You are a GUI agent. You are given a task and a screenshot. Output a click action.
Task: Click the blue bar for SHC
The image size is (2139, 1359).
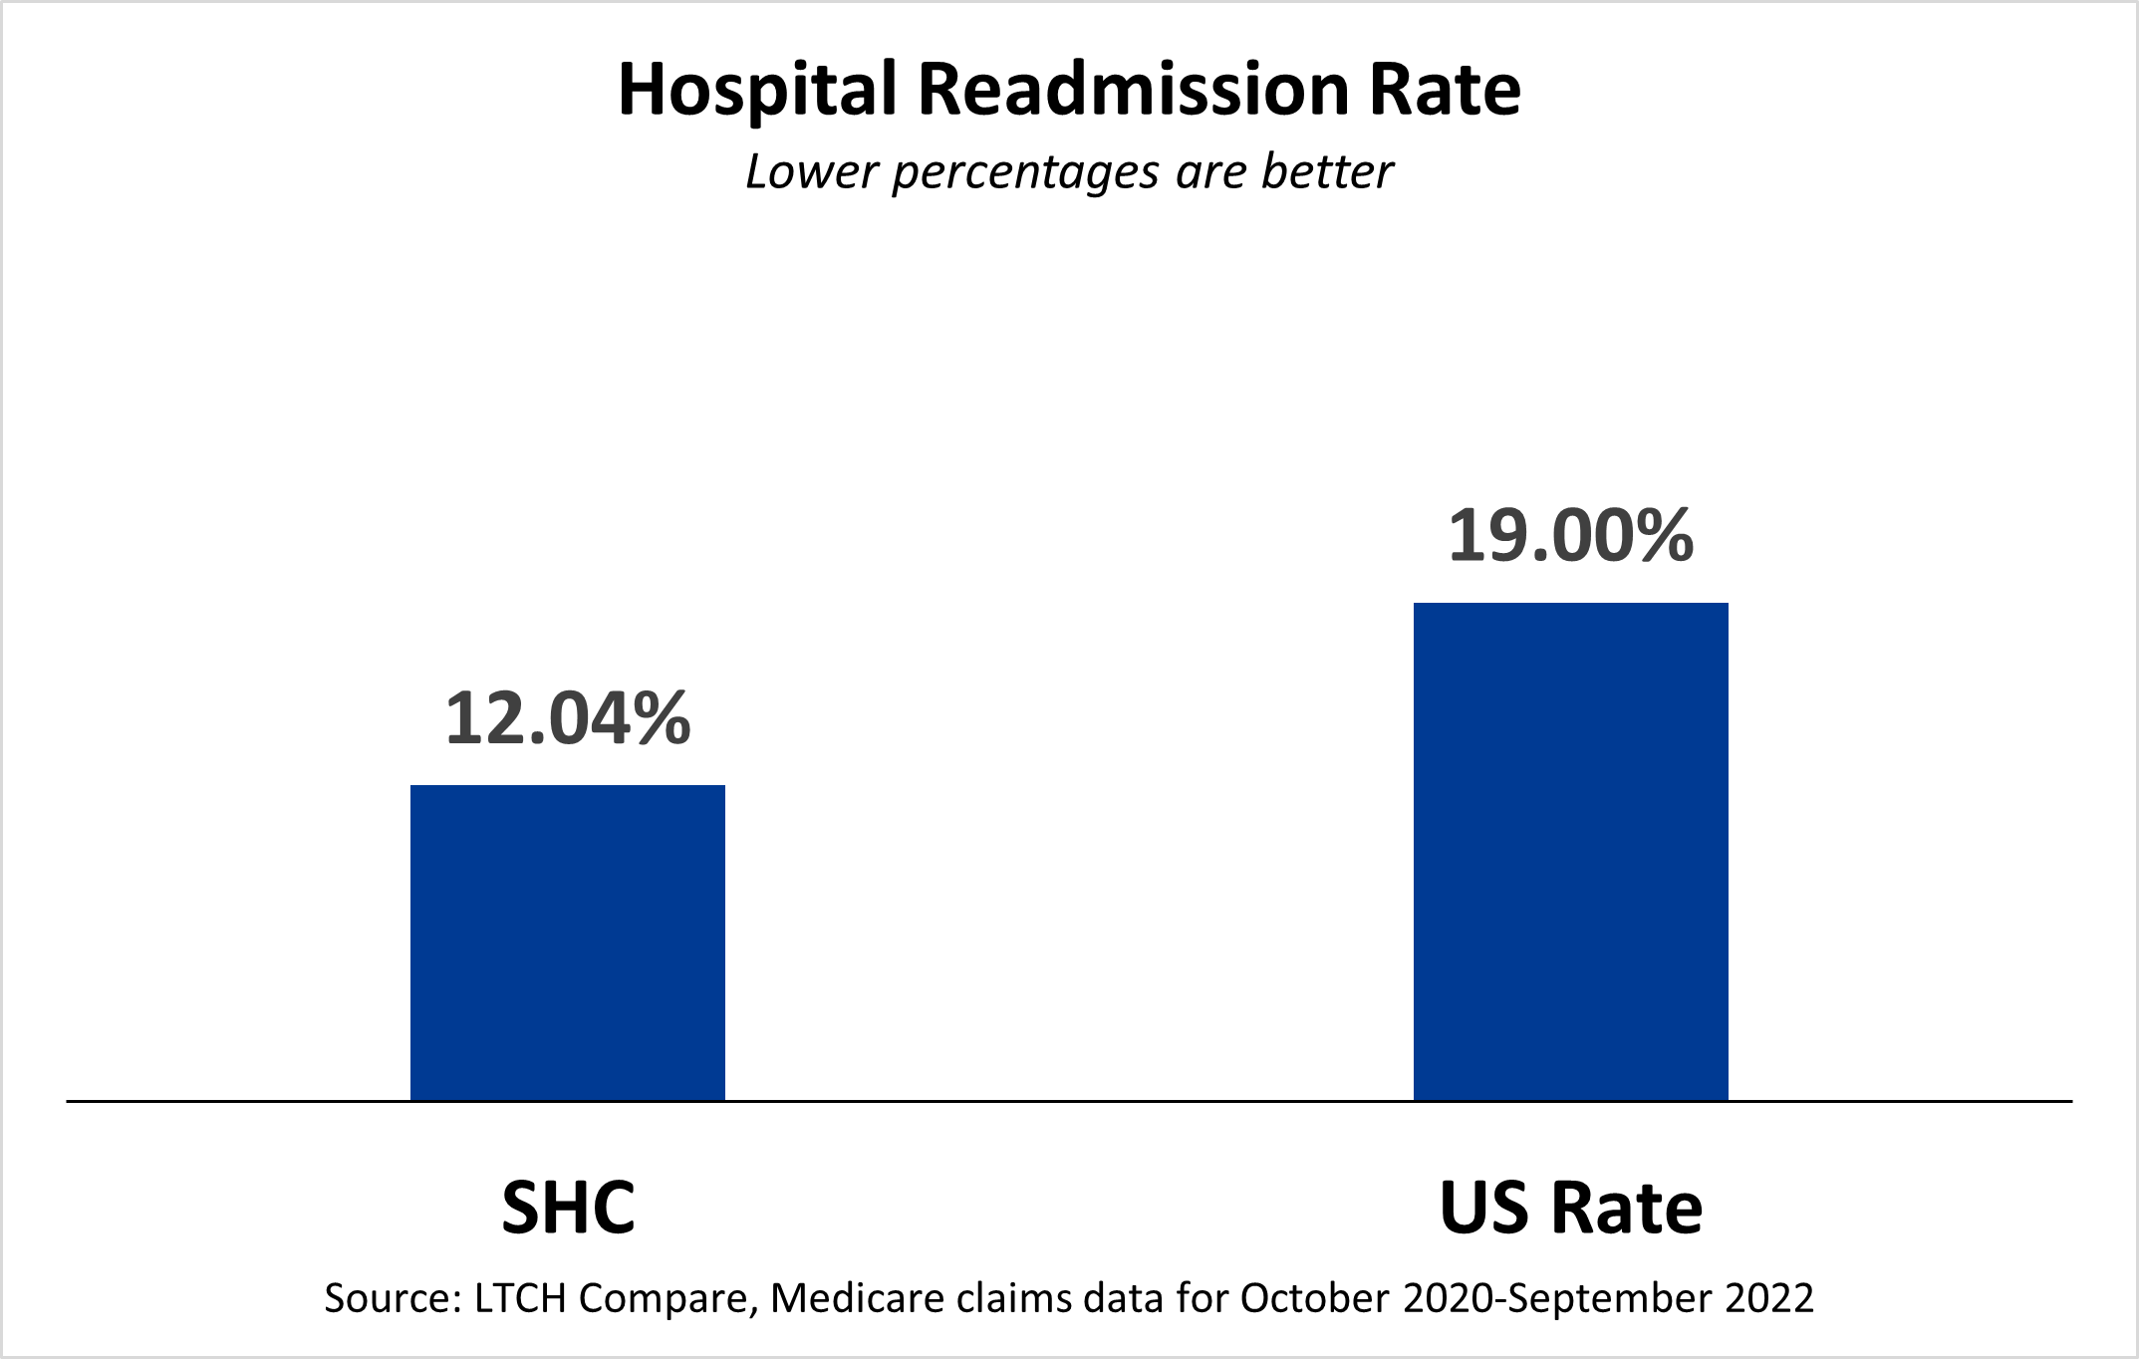tap(567, 943)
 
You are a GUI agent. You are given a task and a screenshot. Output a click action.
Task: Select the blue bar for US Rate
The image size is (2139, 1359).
tap(1570, 852)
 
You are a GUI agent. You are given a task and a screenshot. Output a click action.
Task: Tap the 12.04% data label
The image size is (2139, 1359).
tap(567, 718)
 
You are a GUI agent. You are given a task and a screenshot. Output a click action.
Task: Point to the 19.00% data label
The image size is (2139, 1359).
tap(1570, 536)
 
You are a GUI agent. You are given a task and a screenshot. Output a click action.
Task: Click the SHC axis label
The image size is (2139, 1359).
tap(568, 1208)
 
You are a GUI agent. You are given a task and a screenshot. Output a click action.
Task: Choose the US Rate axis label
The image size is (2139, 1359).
tap(1570, 1208)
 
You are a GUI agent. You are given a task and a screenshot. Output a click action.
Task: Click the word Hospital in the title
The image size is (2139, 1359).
tap(758, 91)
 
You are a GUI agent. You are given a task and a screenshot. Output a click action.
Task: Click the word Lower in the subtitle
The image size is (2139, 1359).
tap(811, 171)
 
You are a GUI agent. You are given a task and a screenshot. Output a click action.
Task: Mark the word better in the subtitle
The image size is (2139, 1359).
tap(1327, 171)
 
